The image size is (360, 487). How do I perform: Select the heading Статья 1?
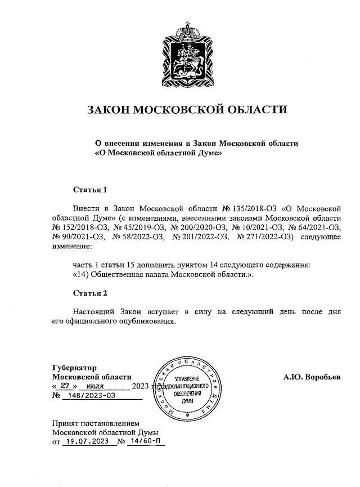pos(90,189)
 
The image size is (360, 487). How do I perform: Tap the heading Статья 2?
pos(90,293)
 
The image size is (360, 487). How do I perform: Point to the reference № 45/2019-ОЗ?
pos(138,227)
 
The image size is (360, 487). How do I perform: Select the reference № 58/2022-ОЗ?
pos(138,236)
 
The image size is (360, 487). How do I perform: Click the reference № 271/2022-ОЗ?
pos(264,236)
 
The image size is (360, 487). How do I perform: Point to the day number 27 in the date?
pos(65,386)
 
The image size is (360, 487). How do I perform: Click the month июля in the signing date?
pos(96,386)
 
